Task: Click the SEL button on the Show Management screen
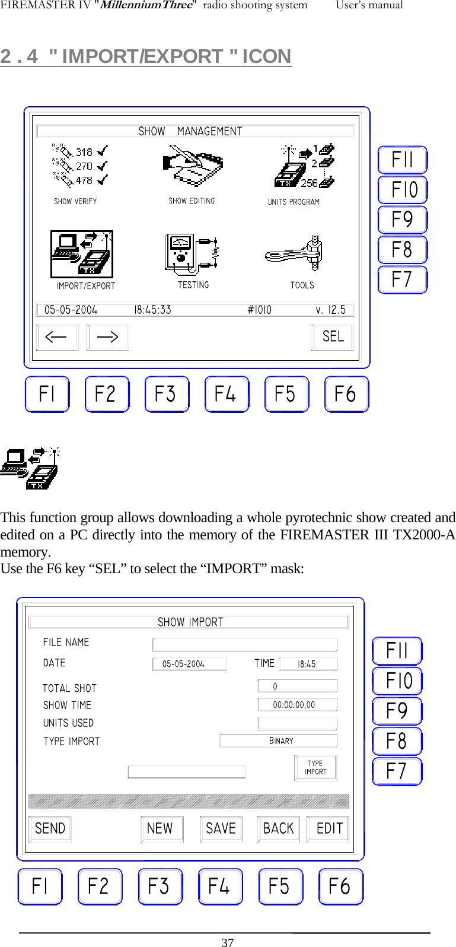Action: click(333, 337)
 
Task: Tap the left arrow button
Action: click(57, 337)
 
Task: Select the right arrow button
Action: click(107, 337)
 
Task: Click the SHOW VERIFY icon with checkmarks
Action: click(80, 164)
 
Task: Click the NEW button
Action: click(161, 828)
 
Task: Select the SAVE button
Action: click(221, 828)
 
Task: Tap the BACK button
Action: click(278, 828)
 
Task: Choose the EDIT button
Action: click(329, 828)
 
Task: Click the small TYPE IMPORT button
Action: click(315, 768)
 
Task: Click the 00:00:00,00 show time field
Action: click(296, 705)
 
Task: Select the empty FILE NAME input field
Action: click(244, 644)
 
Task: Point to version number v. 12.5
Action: click(330, 310)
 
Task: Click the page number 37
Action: click(228, 942)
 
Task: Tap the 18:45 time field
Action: click(307, 664)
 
